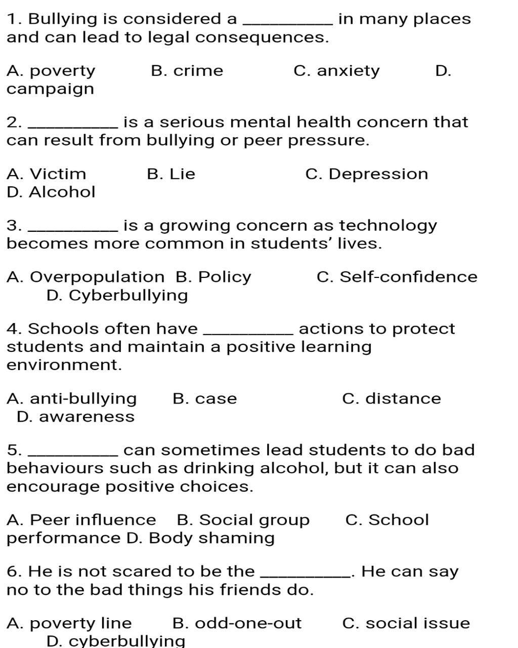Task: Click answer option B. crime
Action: point(187,71)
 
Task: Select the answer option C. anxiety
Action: point(336,71)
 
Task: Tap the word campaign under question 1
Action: point(50,89)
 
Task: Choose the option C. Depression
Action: point(367,174)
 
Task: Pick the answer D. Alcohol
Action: point(51,192)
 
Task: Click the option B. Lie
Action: point(171,174)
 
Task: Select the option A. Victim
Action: point(47,174)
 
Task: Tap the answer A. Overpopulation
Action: point(85,277)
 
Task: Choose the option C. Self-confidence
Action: point(397,277)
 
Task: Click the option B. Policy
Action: point(213,277)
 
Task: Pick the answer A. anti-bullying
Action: point(72,399)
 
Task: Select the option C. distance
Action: point(392,399)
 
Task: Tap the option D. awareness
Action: point(76,417)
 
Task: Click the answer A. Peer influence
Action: point(81,520)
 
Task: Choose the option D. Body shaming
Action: point(200,538)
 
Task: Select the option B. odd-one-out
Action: point(237,623)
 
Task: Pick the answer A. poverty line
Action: point(69,623)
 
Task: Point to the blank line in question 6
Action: point(306,576)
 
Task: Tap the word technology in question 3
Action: point(388,225)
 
